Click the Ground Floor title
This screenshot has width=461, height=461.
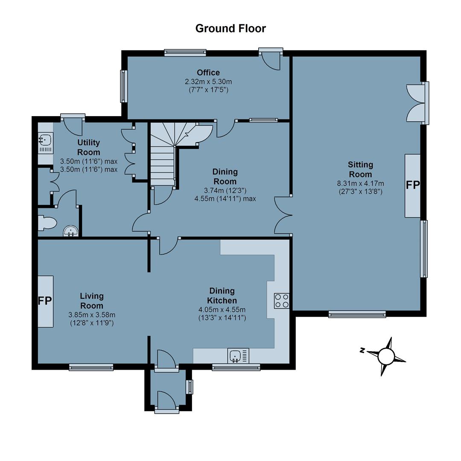pos(230,29)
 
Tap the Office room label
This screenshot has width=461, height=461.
pos(208,73)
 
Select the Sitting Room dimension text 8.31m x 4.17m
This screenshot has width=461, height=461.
pos(360,184)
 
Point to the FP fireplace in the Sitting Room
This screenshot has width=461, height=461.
pos(412,186)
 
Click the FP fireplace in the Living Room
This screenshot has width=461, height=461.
pos(45,301)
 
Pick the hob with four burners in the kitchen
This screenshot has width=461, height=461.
pos(282,301)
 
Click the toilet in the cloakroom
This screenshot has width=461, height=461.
pos(47,223)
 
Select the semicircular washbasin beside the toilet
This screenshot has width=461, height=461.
pos(71,231)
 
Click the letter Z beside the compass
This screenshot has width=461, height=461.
pos(362,350)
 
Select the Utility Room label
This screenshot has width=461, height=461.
pos(88,147)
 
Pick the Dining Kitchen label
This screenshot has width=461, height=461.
pos(222,296)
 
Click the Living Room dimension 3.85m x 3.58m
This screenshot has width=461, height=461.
pos(92,315)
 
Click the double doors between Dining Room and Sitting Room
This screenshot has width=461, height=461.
pos(283,216)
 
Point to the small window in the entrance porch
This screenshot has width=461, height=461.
pos(190,387)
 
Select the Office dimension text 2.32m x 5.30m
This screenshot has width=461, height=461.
pos(208,82)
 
